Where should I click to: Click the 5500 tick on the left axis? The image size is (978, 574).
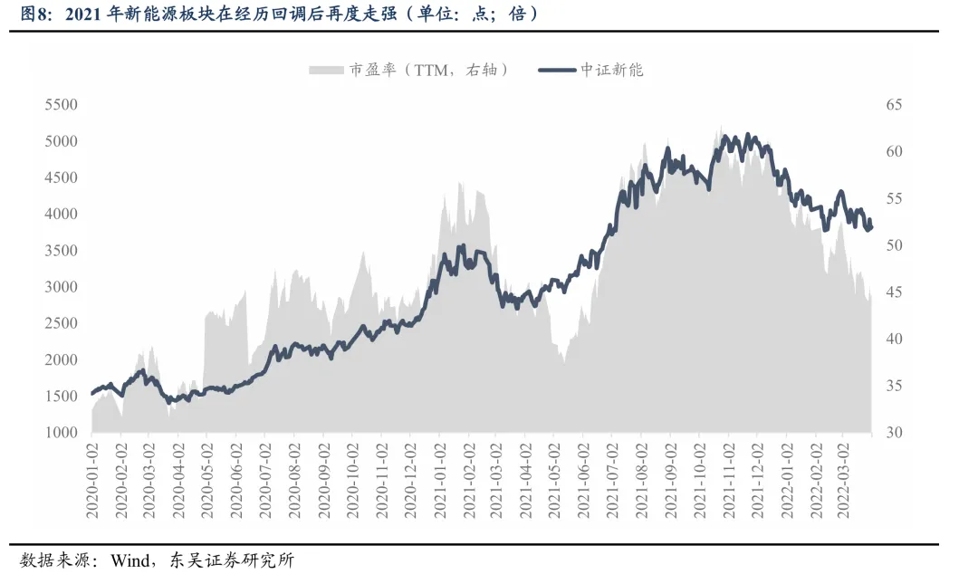click(x=62, y=104)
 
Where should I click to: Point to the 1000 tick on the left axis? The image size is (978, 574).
click(x=62, y=433)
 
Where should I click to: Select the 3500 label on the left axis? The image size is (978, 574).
click(x=62, y=250)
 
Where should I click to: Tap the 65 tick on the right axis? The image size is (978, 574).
click(x=894, y=104)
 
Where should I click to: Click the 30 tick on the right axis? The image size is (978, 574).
click(x=894, y=433)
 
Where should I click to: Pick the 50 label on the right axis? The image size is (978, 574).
click(x=894, y=245)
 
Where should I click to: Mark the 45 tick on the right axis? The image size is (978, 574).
click(x=894, y=292)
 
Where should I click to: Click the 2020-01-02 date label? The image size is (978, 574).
click(x=92, y=481)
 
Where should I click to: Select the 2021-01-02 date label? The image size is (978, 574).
click(x=440, y=481)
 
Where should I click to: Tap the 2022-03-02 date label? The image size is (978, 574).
click(x=844, y=481)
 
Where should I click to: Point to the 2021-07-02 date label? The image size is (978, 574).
click(x=612, y=481)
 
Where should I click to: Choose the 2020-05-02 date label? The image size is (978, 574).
click(x=207, y=481)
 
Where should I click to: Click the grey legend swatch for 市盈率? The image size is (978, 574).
click(x=326, y=70)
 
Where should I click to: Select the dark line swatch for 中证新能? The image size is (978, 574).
click(x=557, y=70)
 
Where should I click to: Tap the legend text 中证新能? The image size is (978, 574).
click(x=611, y=70)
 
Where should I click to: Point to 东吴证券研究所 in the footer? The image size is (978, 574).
click(x=232, y=560)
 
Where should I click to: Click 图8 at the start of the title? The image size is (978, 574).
click(x=34, y=14)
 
